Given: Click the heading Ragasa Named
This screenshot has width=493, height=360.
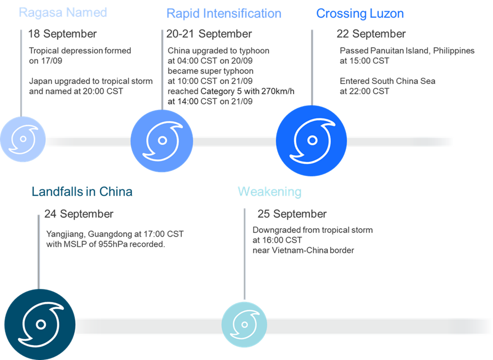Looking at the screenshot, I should (63, 12).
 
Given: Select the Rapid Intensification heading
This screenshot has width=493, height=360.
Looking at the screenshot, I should (223, 13).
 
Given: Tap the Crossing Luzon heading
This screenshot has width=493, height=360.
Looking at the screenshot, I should (360, 13).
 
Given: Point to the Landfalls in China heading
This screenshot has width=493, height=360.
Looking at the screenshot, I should (82, 192).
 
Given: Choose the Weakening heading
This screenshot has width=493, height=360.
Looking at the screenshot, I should (270, 192).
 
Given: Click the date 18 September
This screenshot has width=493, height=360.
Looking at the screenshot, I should (63, 34).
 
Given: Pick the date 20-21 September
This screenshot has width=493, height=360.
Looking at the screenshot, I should (209, 34).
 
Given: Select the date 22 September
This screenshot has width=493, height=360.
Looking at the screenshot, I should (371, 34).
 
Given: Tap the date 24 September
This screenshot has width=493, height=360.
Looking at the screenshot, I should (79, 214).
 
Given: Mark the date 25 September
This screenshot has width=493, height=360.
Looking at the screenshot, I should (292, 214).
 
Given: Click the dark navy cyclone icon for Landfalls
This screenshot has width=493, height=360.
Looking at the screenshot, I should (40, 324).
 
